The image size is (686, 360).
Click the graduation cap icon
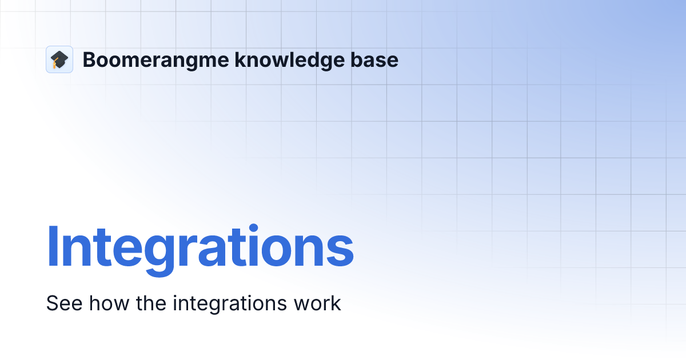pyautogui.click(x=59, y=59)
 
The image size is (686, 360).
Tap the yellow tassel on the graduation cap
pyautogui.click(x=55, y=65)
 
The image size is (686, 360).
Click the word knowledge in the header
pyautogui.click(x=284, y=60)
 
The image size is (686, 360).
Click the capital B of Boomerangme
pyautogui.click(x=89, y=60)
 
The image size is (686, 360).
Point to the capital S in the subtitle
pyautogui.click(x=52, y=303)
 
